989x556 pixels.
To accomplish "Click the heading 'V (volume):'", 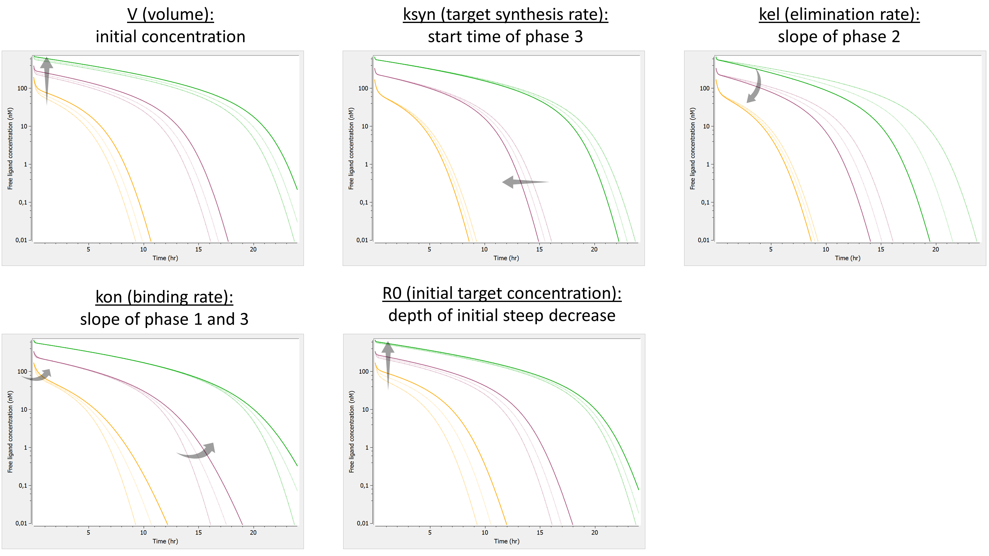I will point(170,15).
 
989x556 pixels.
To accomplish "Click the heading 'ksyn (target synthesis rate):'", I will point(505,15).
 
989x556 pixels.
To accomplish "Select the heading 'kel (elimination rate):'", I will point(839,15).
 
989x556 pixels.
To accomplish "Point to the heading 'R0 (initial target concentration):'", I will point(502,294).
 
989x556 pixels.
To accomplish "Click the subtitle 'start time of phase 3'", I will point(505,37).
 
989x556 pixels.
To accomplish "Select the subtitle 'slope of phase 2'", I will point(839,37).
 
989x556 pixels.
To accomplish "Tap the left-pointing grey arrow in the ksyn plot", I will point(524,182).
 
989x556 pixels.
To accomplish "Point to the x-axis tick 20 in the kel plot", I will point(935,249).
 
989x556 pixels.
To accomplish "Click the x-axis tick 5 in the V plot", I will point(88,249).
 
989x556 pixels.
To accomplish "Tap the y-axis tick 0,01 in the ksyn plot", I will point(362,240).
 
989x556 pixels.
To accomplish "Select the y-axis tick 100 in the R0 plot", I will point(363,371).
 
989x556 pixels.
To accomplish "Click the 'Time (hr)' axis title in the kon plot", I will point(165,541).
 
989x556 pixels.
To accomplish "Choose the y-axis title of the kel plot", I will point(692,149).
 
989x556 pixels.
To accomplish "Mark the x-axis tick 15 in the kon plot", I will point(198,533).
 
